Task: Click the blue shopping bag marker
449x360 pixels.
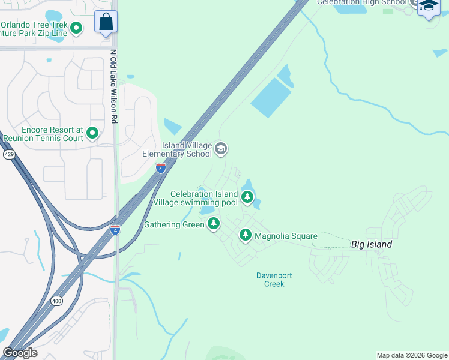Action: [106, 22]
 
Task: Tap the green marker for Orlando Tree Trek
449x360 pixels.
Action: [76, 28]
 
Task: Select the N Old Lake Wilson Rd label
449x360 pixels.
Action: [113, 86]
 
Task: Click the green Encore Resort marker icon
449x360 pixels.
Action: [92, 133]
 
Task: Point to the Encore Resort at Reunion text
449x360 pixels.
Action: [43, 134]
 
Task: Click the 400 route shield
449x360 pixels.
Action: [56, 301]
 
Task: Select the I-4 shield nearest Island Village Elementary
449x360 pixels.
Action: [160, 168]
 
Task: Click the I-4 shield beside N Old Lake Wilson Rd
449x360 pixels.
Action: [115, 229]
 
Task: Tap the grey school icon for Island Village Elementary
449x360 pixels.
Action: [221, 149]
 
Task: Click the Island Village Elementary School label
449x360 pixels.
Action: [177, 149]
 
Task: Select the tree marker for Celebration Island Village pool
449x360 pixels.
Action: [247, 197]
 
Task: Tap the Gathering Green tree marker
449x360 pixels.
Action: [213, 224]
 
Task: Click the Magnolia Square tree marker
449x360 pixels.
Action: [245, 235]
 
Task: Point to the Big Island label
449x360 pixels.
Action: [372, 244]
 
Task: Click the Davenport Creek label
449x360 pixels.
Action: [274, 280]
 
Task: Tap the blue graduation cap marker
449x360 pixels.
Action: [429, 7]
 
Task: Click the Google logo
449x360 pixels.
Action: [20, 353]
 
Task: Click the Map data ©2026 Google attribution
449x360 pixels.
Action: [411, 355]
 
